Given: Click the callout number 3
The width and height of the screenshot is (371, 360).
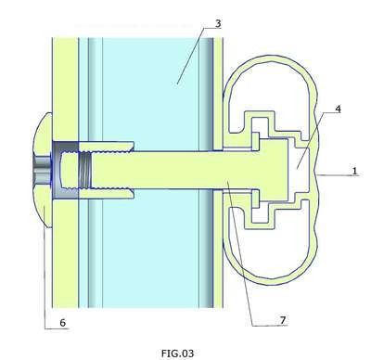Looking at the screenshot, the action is (218, 23).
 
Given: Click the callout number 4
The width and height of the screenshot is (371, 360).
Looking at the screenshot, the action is (338, 109).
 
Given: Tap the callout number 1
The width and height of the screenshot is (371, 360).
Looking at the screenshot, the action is (354, 171).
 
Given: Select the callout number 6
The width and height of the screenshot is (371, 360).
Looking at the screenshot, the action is (63, 323).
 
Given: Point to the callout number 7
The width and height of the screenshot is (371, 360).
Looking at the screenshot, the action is (283, 320).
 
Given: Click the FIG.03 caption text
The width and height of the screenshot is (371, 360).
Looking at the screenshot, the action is (177, 353).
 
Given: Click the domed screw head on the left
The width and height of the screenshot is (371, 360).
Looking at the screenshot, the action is (43, 171).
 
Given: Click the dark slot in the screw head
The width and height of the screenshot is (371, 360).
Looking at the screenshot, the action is (42, 171).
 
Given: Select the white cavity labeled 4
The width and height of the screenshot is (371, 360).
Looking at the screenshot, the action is (299, 170).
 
